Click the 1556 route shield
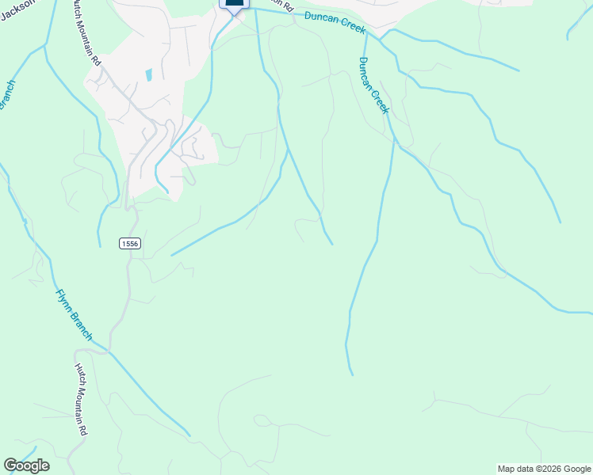pos(131,244)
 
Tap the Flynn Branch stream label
pos(74,315)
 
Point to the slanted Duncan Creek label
pos(373,85)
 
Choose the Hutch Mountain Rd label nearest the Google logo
pos(81,400)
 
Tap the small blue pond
pos(148,75)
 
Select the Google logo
pos(26,465)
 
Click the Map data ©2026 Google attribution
pos(544,469)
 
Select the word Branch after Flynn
pos(82,327)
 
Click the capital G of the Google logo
pos(10,465)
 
